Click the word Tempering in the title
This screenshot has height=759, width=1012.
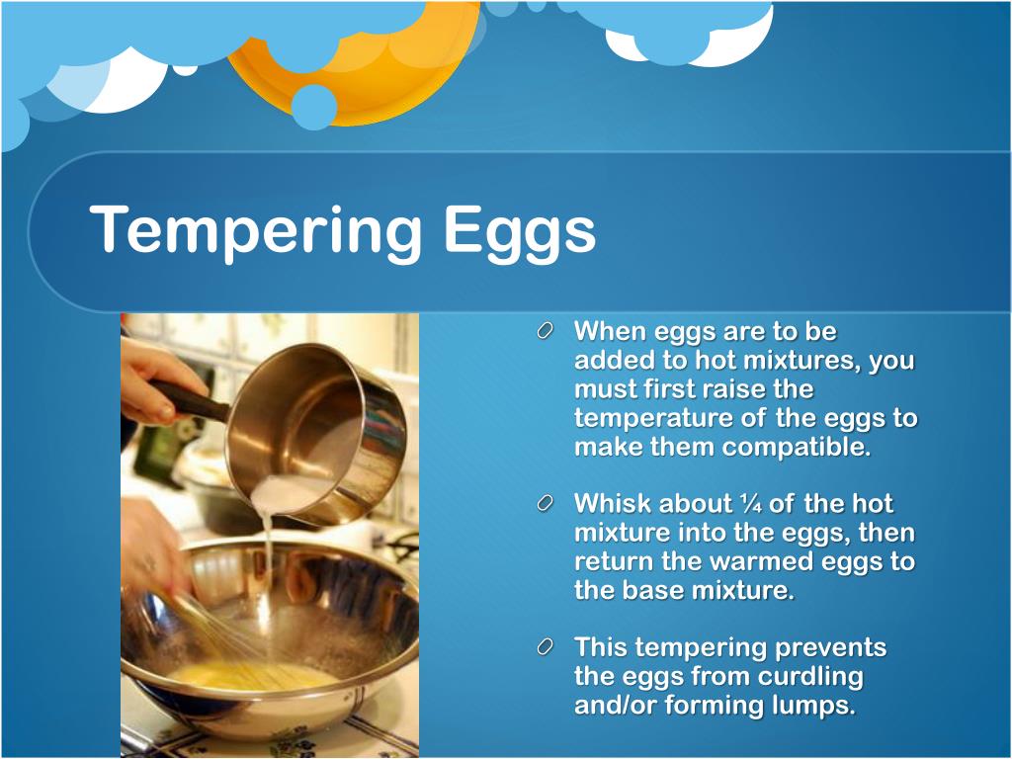click(256, 230)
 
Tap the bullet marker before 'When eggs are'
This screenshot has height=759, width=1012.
click(547, 333)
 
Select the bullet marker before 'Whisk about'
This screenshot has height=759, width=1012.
click(547, 505)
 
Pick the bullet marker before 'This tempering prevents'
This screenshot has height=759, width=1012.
click(547, 649)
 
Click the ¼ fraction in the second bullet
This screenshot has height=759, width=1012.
click(750, 504)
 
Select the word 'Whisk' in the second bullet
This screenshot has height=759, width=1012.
click(613, 504)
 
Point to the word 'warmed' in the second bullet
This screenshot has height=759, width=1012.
click(773, 561)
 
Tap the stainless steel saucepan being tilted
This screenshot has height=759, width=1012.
click(316, 425)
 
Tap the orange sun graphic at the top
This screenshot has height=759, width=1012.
click(376, 69)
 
